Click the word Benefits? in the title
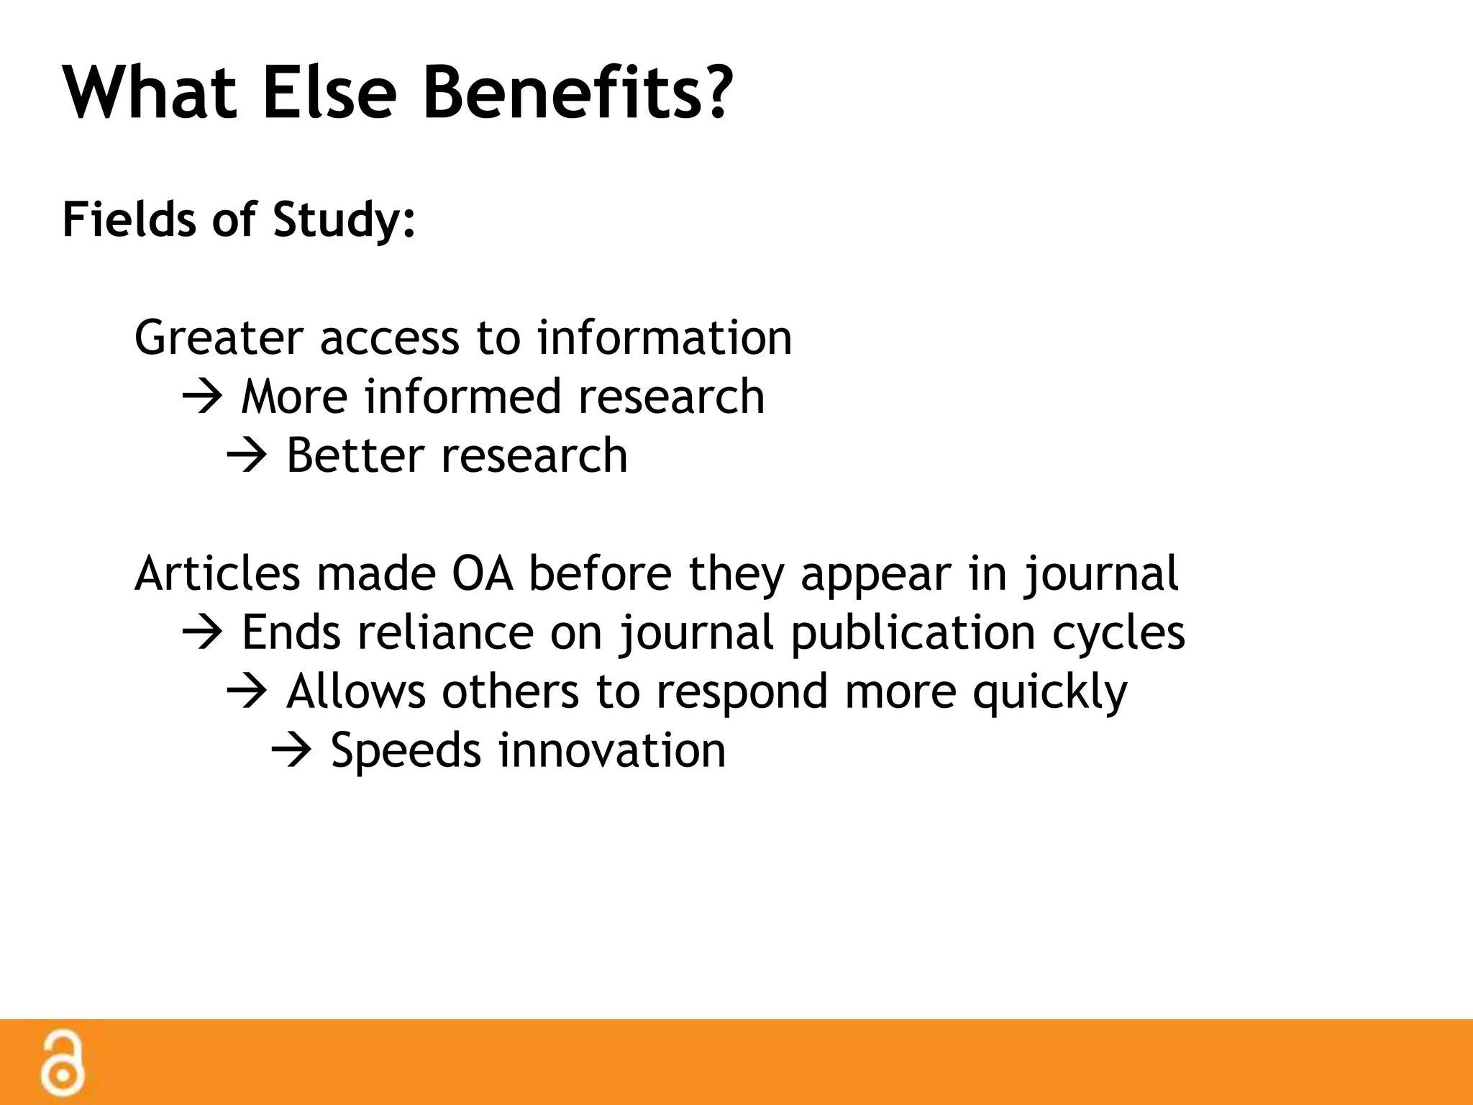[578, 94]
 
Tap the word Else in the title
[329, 94]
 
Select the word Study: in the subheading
[344, 219]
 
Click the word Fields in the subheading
[129, 219]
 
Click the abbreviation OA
[482, 574]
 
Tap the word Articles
[216, 574]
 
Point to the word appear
[875, 574]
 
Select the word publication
[913, 633]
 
